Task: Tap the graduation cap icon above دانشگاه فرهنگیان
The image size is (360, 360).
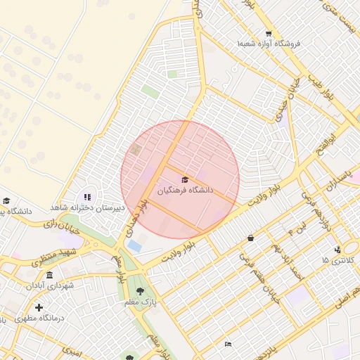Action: tap(185, 179)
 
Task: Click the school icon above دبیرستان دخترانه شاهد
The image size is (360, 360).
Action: tap(87, 198)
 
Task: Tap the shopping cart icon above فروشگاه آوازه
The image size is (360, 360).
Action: tap(269, 33)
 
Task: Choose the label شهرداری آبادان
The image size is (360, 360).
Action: tap(50, 285)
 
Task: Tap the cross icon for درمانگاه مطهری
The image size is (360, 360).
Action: tap(39, 307)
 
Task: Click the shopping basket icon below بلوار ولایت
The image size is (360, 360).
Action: tap(251, 238)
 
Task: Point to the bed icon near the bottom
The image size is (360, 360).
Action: tap(227, 344)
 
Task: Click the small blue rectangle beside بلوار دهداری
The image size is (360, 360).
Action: tap(134, 245)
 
